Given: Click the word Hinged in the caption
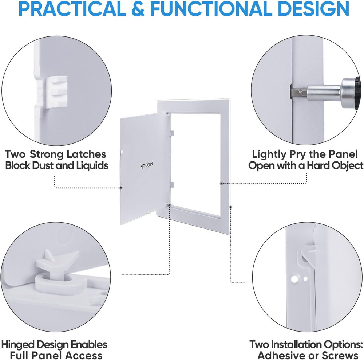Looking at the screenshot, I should click(21, 344).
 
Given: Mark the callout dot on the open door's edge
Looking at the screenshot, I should click(121, 188).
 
